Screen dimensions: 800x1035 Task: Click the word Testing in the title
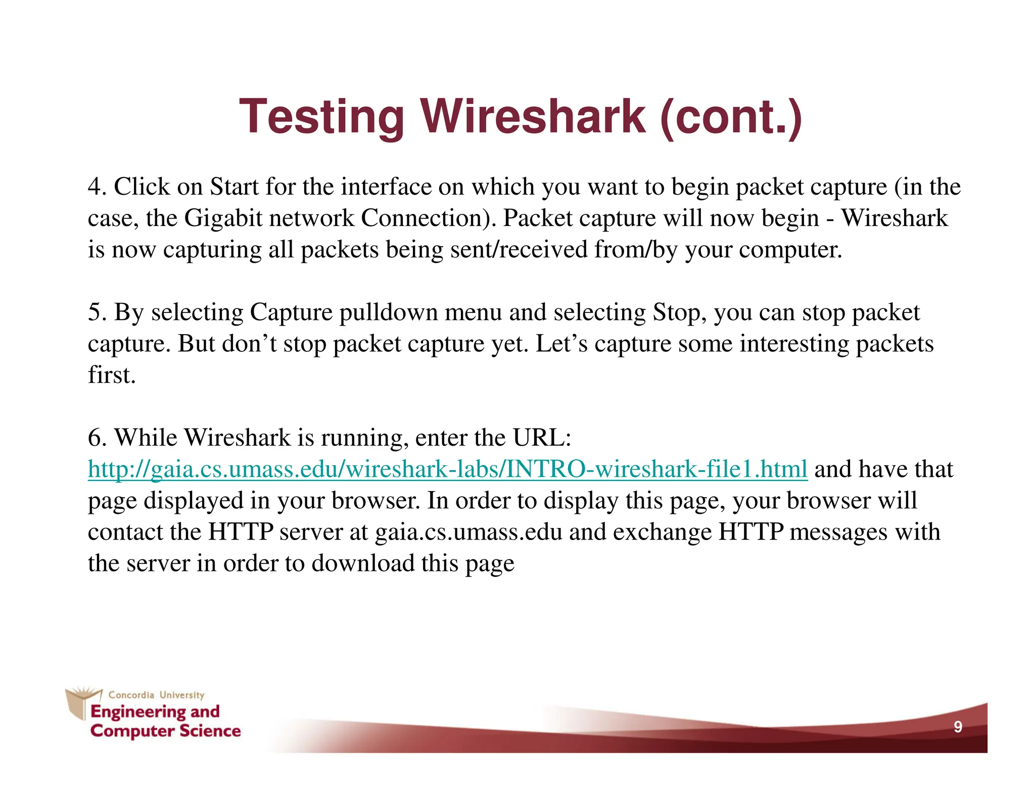[x=321, y=117]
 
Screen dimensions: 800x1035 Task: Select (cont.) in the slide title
[x=731, y=117]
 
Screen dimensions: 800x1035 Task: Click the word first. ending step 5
[x=112, y=375]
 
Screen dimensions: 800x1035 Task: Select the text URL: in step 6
[x=542, y=438]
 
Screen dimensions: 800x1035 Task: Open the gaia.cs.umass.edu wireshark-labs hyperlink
[x=447, y=469]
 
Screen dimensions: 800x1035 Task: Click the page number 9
[x=958, y=727]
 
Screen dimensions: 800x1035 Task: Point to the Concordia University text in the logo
[x=156, y=695]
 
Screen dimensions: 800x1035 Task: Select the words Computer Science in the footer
[x=165, y=731]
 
